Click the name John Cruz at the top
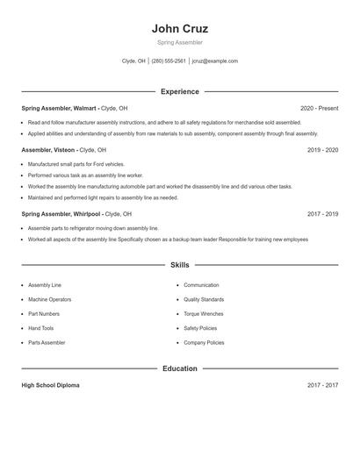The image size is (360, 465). coord(179,28)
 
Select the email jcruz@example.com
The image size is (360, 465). coord(214,61)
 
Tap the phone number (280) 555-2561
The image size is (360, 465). coord(169,61)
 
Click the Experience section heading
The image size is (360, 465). coord(179,91)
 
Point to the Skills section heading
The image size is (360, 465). coord(179,264)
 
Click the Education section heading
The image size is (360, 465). coord(179,368)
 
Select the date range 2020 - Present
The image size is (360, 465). coord(319,108)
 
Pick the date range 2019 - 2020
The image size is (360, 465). coord(322,150)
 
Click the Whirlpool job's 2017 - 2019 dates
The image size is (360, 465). coord(322,214)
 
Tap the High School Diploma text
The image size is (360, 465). coord(50,385)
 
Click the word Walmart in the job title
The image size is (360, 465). coord(85,108)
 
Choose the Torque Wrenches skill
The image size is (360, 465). coord(204,314)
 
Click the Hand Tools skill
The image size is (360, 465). coord(40,328)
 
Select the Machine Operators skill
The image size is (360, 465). coord(49,299)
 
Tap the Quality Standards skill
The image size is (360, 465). coord(204,299)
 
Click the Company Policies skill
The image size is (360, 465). coord(204,343)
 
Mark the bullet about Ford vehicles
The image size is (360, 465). coord(76,164)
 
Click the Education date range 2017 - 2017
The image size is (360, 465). coord(322,385)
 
